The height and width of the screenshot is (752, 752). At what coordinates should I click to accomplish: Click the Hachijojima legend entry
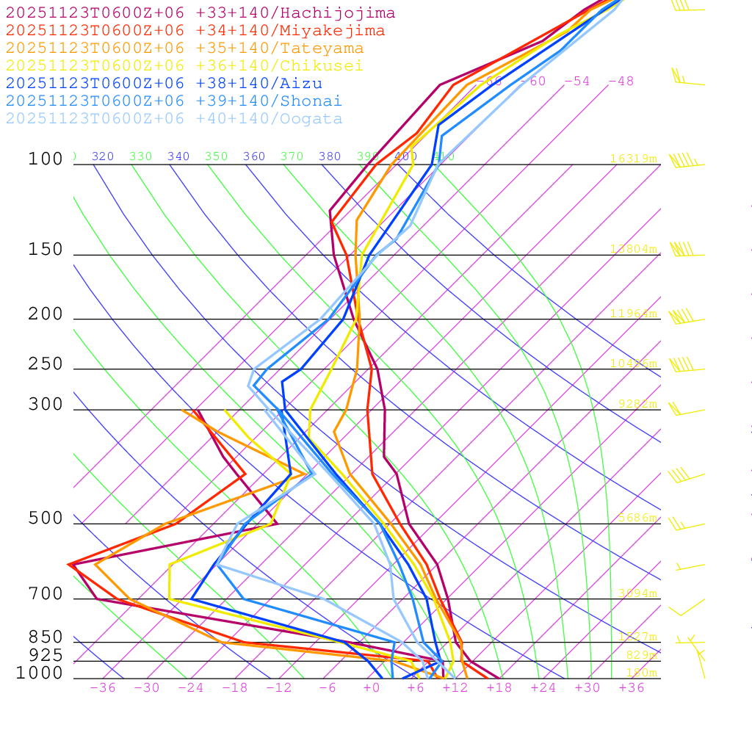[200, 13]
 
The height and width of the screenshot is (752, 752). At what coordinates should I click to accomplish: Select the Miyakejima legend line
[195, 31]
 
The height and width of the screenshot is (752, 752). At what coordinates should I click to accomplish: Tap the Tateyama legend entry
[184, 48]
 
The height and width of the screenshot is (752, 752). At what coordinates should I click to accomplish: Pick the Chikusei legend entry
[184, 66]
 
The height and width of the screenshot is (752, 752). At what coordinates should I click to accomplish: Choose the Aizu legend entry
[164, 84]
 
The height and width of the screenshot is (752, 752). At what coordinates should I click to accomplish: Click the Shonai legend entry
[174, 101]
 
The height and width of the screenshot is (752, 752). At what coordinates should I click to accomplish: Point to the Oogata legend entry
[174, 119]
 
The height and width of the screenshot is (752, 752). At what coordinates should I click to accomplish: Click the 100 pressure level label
[46, 159]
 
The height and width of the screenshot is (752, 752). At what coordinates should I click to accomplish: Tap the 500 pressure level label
[46, 519]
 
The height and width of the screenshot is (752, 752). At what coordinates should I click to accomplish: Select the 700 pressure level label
[46, 594]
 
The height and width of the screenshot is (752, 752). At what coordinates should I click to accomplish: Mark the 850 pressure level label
[46, 637]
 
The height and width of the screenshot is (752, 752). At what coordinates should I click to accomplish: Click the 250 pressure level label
[46, 364]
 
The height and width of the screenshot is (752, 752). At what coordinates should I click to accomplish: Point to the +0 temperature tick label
[372, 688]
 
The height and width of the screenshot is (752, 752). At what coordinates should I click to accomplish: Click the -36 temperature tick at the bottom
[102, 688]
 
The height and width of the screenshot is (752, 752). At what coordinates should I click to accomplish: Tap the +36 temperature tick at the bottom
[632, 688]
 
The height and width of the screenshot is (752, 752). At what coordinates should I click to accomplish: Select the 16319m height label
[633, 159]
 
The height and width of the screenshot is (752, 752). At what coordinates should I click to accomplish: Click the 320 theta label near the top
[103, 156]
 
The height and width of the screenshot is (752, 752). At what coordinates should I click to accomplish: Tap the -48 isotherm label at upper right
[621, 82]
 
